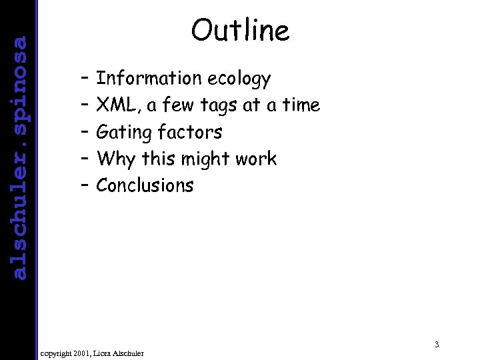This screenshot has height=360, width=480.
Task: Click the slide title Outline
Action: tap(240, 30)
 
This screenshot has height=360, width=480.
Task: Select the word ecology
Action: tap(239, 79)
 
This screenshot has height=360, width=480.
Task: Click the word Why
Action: tap(115, 159)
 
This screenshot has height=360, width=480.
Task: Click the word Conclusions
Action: tap(145, 185)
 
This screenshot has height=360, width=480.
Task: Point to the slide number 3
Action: tap(435, 345)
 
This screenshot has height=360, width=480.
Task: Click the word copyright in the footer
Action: tap(57, 352)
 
